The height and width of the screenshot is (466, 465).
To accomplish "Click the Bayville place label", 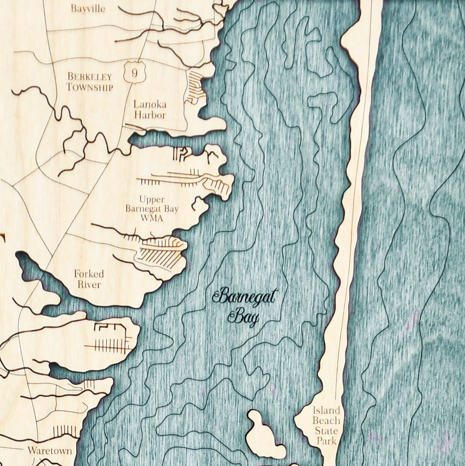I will (x=88, y=8).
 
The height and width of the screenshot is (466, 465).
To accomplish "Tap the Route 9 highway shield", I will (x=134, y=72).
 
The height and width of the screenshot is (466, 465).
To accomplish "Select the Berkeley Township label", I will (x=90, y=81).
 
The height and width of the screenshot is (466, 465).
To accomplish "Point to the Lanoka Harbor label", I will (x=150, y=109).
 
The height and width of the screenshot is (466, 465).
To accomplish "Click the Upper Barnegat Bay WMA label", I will (x=152, y=209).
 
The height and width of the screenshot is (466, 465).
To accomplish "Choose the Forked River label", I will (x=88, y=279).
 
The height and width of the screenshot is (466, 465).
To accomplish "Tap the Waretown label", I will (x=49, y=451).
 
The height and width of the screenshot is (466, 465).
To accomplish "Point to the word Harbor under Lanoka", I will (x=150, y=115).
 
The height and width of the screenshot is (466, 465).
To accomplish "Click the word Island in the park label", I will (x=326, y=411).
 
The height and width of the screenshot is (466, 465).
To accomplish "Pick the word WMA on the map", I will (x=151, y=218).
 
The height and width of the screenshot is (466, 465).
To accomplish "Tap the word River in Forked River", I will (x=88, y=284).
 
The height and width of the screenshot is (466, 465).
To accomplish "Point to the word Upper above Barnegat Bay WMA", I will (x=152, y=200).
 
